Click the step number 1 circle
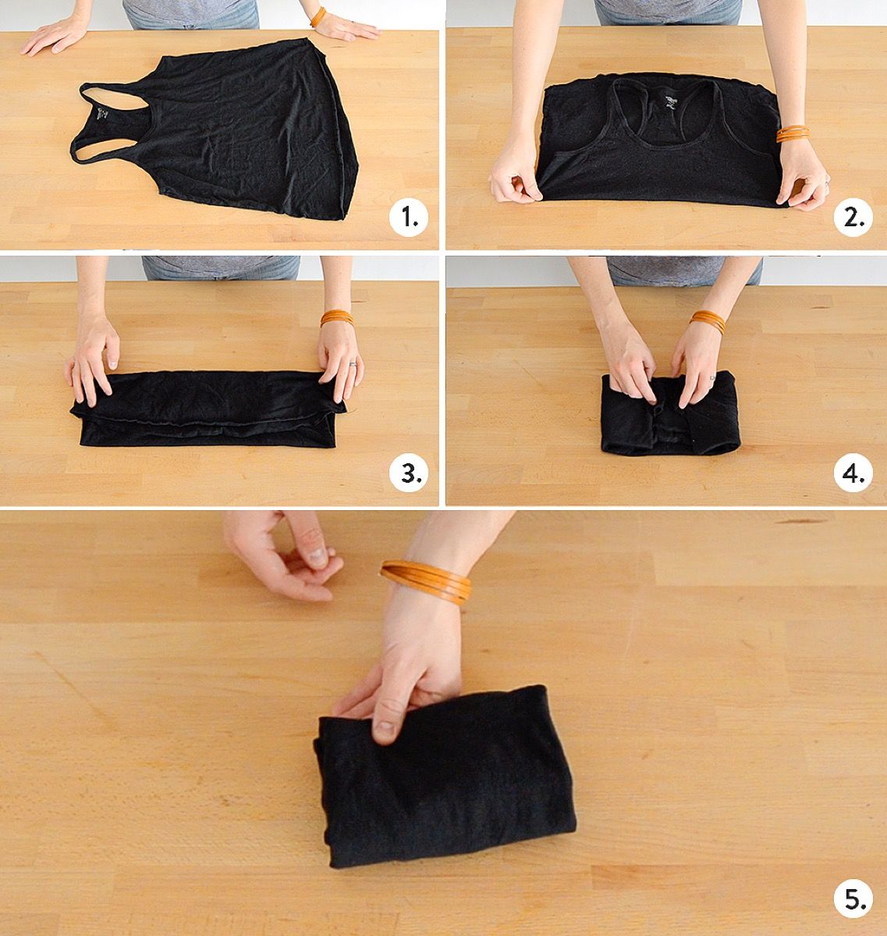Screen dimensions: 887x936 pyautogui.click(x=408, y=217)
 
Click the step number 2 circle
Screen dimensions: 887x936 pyautogui.click(x=853, y=217)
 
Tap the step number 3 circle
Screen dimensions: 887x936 pyautogui.click(x=408, y=473)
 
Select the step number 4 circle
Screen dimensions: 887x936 pyautogui.click(x=853, y=473)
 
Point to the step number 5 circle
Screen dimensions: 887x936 pyautogui.click(x=853, y=899)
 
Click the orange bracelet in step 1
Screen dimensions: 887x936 pyautogui.click(x=318, y=17)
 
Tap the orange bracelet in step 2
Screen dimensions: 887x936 pyautogui.click(x=793, y=133)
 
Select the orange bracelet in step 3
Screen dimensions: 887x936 pyautogui.click(x=337, y=317)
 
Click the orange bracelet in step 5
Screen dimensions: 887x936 pyautogui.click(x=425, y=581)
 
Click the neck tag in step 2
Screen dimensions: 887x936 pyautogui.click(x=671, y=102)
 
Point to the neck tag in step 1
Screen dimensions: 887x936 pyautogui.click(x=102, y=114)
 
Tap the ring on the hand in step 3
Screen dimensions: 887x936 pyautogui.click(x=353, y=364)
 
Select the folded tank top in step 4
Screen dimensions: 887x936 pyautogui.click(x=671, y=413)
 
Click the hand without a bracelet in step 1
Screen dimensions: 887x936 pyautogui.click(x=55, y=34)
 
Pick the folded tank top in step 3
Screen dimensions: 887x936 pyautogui.click(x=208, y=409)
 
